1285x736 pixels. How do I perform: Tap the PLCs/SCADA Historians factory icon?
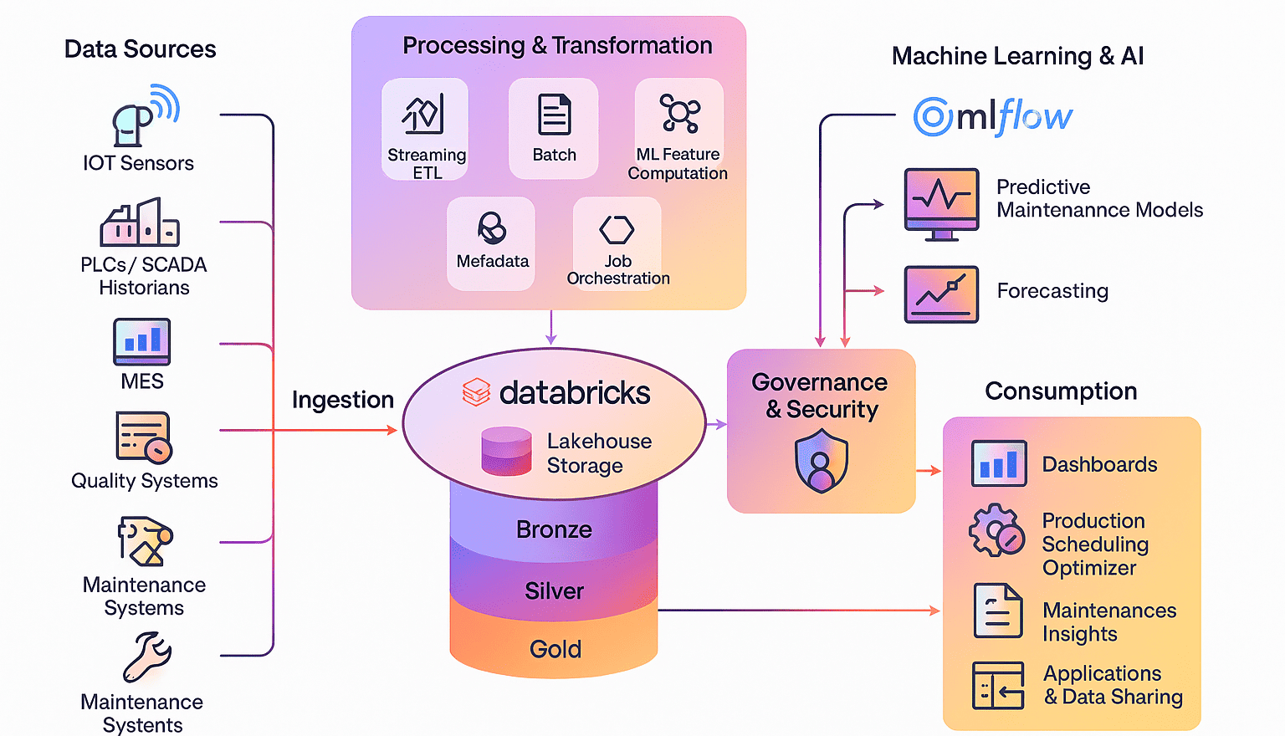pyautogui.click(x=140, y=222)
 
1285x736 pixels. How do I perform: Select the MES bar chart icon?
pyautogui.click(x=141, y=341)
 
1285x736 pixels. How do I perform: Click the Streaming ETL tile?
pyautogui.click(x=425, y=130)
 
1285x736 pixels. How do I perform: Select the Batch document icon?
pyautogui.click(x=554, y=115)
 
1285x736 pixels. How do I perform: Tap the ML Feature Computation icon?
pyautogui.click(x=679, y=113)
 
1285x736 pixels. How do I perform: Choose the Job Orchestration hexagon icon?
pyautogui.click(x=617, y=229)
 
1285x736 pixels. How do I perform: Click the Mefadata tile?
pyautogui.click(x=491, y=243)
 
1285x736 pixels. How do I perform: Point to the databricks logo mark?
pyautogui.click(x=476, y=392)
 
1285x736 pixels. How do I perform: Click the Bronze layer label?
pyautogui.click(x=554, y=529)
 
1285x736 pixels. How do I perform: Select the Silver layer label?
pyautogui.click(x=554, y=591)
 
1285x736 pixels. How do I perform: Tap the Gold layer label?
pyautogui.click(x=555, y=649)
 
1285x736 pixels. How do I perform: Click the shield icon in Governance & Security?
pyautogui.click(x=821, y=461)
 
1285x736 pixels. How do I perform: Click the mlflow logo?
pyautogui.click(x=992, y=117)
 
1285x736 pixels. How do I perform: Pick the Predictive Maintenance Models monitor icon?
pyautogui.click(x=941, y=203)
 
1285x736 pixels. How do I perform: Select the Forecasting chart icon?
pyautogui.click(x=941, y=294)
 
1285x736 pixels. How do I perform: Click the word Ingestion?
pyautogui.click(x=342, y=400)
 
